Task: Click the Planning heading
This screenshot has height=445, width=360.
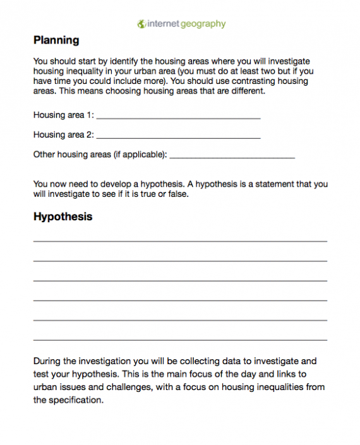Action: coord(56,40)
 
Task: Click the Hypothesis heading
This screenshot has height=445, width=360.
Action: coord(63,217)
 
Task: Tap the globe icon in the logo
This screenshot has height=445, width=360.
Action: coord(141,24)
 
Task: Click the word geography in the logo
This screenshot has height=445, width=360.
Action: coord(201,24)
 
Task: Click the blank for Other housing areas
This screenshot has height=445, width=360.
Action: coord(232,156)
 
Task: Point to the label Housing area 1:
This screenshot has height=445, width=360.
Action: coord(63,116)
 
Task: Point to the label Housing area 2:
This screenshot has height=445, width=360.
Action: coord(63,134)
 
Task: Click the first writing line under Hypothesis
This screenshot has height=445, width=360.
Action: coord(180,241)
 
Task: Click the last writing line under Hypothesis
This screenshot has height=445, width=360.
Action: coord(180,340)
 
